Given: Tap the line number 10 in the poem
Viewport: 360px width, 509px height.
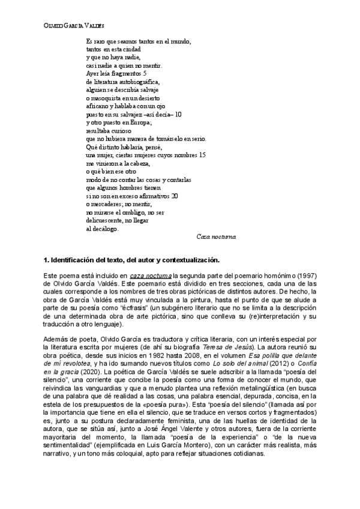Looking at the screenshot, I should (178, 113).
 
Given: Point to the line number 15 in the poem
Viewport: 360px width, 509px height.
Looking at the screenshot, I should (202, 154).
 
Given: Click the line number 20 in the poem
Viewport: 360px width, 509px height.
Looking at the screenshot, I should (175, 195).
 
